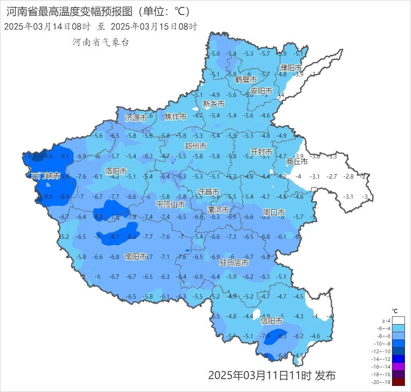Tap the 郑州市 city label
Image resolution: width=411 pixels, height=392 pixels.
tap(195, 146)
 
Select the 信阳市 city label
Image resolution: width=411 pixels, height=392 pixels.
tap(272, 321)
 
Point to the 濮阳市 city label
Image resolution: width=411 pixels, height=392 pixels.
tap(291, 68)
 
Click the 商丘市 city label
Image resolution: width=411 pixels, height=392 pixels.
tap(297, 162)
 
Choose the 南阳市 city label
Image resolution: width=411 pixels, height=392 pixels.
tap(135, 257)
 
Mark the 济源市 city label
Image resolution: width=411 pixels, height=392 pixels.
tap(136, 118)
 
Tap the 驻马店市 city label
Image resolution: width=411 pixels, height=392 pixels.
tap(234, 263)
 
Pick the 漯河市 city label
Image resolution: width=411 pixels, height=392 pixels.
tap(218, 210)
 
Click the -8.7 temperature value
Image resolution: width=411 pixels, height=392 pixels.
tap(115, 237)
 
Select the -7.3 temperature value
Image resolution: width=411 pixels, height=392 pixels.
tap(231, 237)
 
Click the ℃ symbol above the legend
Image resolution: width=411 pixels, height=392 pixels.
tap(395, 311)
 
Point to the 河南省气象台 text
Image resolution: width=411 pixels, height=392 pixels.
tap(101, 42)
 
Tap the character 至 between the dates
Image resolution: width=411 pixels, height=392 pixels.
tap(101, 27)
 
